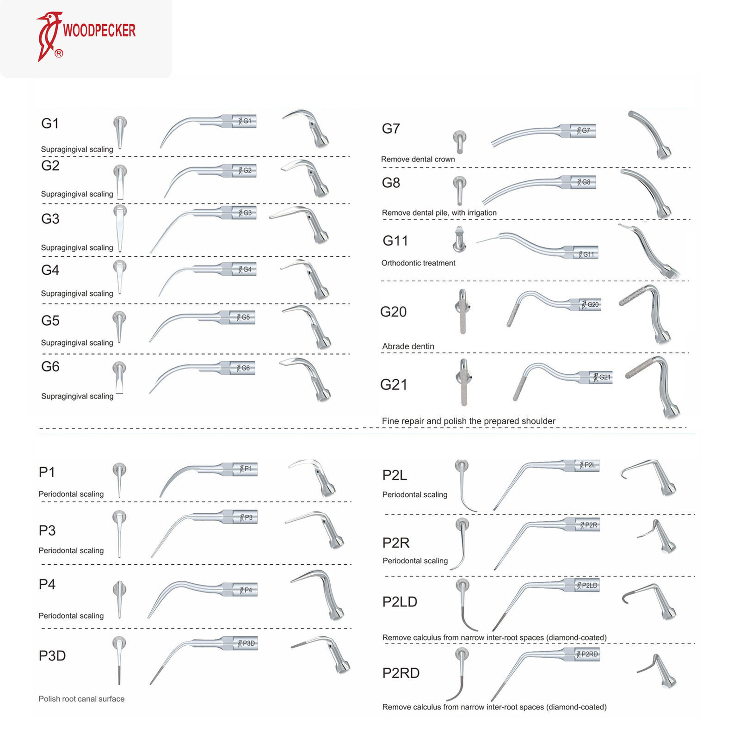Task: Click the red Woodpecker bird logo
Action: click(48, 36)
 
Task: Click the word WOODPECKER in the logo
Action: click(99, 31)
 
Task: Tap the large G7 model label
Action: click(391, 129)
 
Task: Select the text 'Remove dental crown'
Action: click(418, 159)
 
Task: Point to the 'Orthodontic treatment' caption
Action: click(418, 263)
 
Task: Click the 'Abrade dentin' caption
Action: click(408, 346)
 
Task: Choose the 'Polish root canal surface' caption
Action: click(81, 698)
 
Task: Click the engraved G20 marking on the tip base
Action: click(592, 304)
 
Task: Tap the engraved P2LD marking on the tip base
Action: click(589, 585)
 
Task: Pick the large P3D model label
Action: click(52, 655)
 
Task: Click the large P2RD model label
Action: click(401, 673)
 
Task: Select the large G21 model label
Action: click(394, 384)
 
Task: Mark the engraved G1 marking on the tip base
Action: click(247, 121)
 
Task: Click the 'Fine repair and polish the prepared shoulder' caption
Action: click(469, 421)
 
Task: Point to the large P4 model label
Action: click(47, 584)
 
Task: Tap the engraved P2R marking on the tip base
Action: click(591, 525)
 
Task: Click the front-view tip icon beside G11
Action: click(459, 239)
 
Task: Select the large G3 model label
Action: click(50, 219)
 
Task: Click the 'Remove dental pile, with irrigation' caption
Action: click(439, 213)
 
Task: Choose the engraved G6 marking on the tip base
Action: click(245, 368)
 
